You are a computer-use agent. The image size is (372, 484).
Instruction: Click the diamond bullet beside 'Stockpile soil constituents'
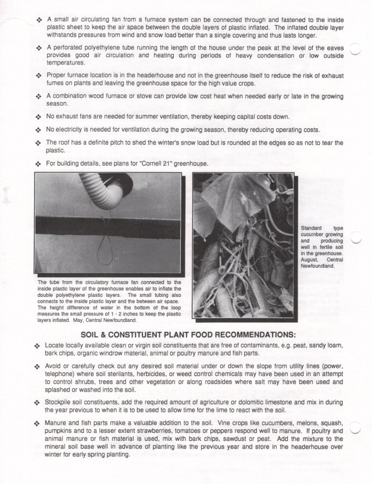point(38,402)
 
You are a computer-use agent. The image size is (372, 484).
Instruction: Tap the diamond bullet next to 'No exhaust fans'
point(38,117)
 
